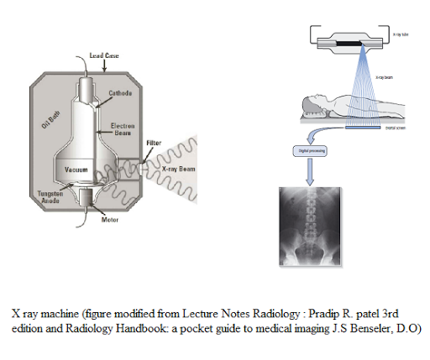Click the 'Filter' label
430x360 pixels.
pos(154,143)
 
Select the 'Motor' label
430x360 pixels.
pos(110,221)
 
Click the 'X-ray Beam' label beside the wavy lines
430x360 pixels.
pos(179,169)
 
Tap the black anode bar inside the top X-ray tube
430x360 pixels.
pos(347,39)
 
